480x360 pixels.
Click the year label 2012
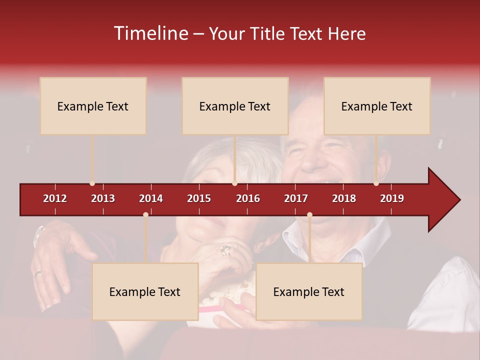55,198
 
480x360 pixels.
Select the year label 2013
103,198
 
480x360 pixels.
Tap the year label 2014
151,198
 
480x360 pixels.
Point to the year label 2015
199,198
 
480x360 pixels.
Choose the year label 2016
248,198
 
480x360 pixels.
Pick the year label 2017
296,198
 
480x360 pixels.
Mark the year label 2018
344,198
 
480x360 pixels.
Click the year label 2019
392,198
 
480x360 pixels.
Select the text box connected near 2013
93,106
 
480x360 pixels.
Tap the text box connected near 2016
235,106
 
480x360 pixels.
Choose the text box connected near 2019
377,106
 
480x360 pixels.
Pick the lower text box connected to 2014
145,291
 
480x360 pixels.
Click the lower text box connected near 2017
309,291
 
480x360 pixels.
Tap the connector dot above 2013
92,183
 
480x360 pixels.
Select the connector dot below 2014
145,215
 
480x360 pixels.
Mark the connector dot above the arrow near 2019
376,183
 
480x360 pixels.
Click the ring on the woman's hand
225,249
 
